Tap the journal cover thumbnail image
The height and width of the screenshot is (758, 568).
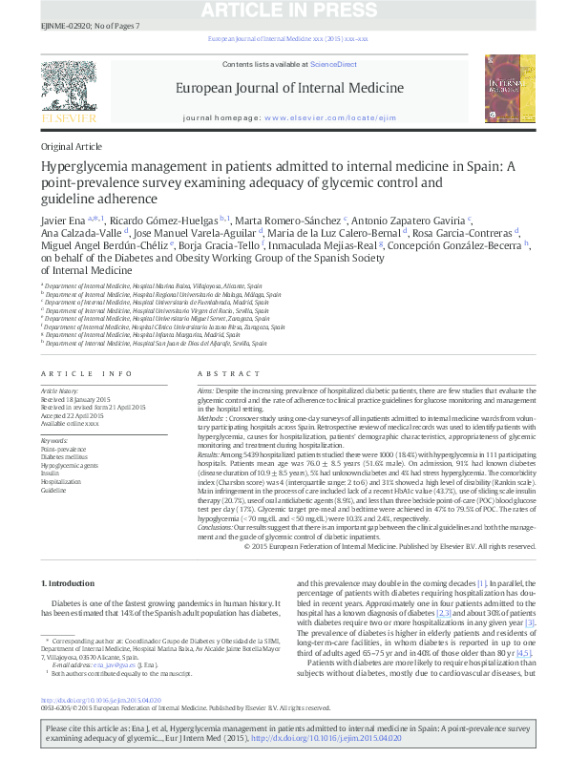(x=505, y=87)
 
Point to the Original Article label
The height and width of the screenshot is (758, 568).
(x=71, y=147)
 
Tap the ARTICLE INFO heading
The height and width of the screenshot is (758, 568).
(x=86, y=374)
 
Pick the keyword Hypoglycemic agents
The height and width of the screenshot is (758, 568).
(x=70, y=464)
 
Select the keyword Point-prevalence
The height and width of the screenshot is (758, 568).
(x=63, y=449)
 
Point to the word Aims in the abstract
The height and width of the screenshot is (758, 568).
(x=205, y=391)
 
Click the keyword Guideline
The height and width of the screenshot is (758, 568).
(x=53, y=490)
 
